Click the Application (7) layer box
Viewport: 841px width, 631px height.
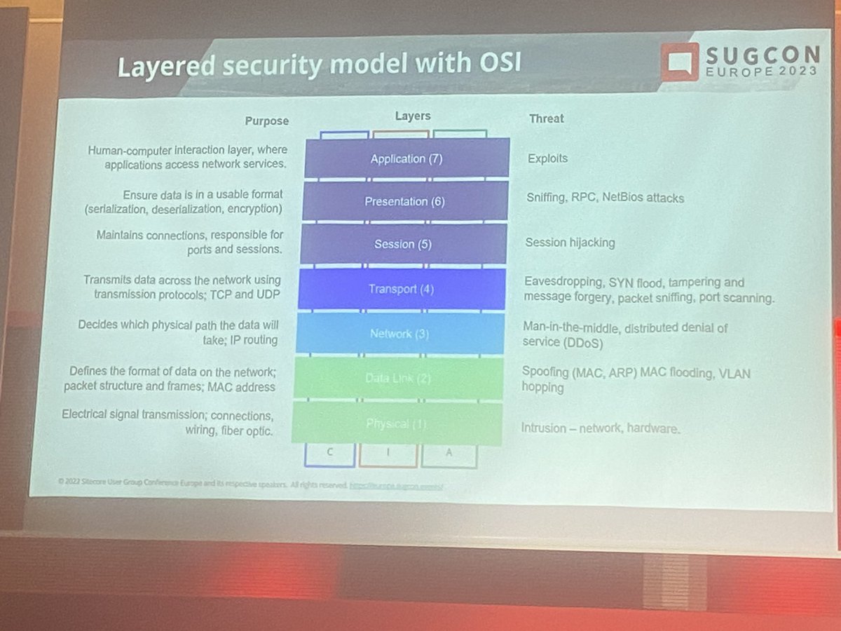pyautogui.click(x=406, y=158)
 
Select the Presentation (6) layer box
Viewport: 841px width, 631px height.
pyautogui.click(x=405, y=201)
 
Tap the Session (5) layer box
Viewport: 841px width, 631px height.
pyautogui.click(x=403, y=244)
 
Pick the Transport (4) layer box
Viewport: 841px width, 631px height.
pyautogui.click(x=402, y=289)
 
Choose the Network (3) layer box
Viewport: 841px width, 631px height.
pyautogui.click(x=400, y=334)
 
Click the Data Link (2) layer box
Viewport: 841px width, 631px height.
pyautogui.click(x=398, y=379)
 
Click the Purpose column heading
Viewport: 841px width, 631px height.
pyautogui.click(x=266, y=121)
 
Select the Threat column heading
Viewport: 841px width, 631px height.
pyautogui.click(x=546, y=118)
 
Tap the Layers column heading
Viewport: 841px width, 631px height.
pyautogui.click(x=413, y=116)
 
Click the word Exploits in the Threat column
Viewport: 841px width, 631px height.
pyautogui.click(x=547, y=158)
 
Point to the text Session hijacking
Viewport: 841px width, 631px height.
pyautogui.click(x=570, y=243)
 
